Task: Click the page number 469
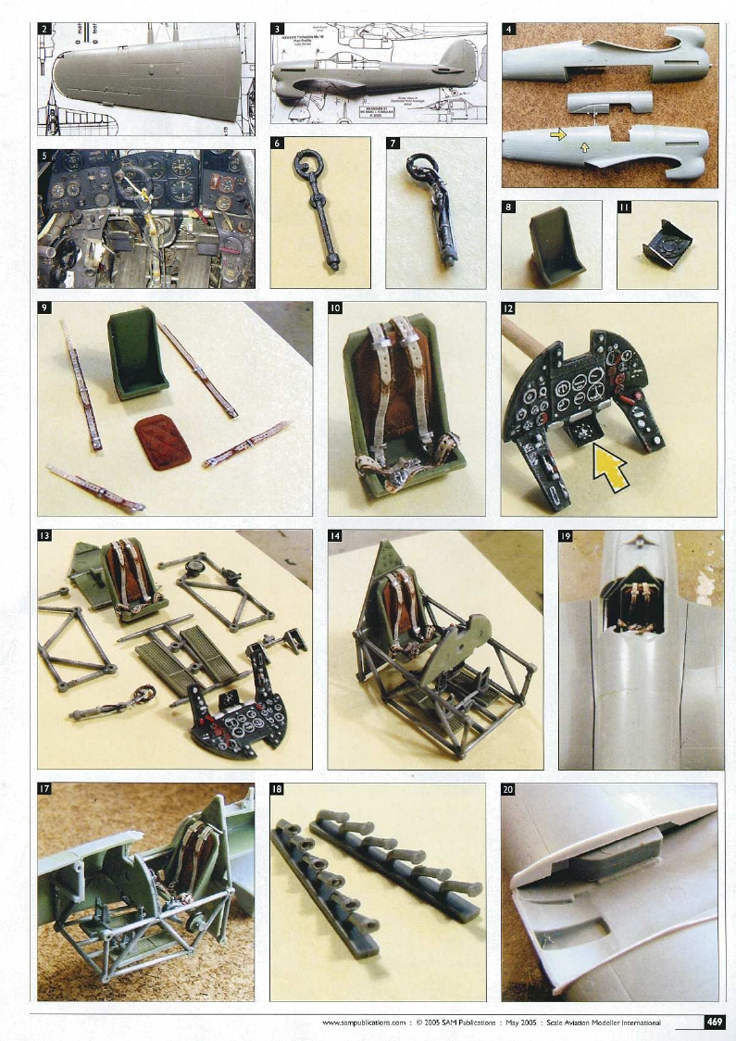[714, 1022]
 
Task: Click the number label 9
[46, 310]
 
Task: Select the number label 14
[336, 536]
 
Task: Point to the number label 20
[508, 790]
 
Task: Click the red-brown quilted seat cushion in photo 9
[162, 441]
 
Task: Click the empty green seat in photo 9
[137, 353]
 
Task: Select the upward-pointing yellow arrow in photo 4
[583, 146]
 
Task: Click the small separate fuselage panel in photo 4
[608, 102]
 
